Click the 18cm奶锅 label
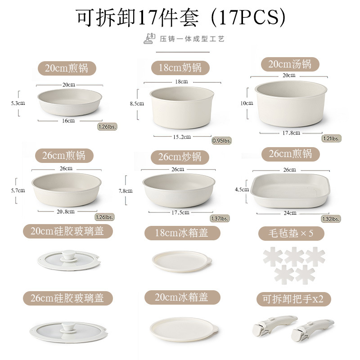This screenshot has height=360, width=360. tap(180, 68)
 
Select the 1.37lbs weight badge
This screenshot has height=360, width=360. tap(220, 219)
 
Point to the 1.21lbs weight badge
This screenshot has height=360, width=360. tap(331, 138)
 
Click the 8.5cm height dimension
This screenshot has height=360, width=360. tap(136, 103)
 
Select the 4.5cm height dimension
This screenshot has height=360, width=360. tap(242, 189)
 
